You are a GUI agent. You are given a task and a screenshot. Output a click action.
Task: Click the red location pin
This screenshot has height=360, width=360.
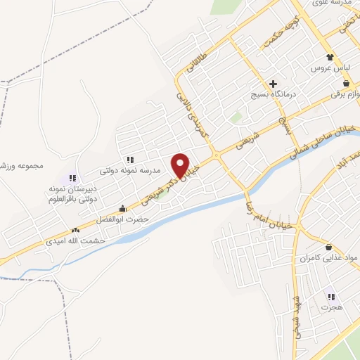(x=181, y=165)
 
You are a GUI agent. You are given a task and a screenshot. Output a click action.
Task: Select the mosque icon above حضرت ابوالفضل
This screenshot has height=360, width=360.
(x=123, y=208)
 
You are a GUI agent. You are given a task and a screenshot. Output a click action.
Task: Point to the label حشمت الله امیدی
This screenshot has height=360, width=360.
(x=103, y=240)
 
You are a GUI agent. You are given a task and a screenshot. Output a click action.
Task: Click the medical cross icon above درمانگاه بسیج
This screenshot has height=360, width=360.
(x=274, y=84)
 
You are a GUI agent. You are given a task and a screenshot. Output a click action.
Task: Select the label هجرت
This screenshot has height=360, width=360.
(x=330, y=308)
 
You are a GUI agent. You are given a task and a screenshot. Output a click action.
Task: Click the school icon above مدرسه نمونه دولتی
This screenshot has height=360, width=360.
(x=130, y=160)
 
